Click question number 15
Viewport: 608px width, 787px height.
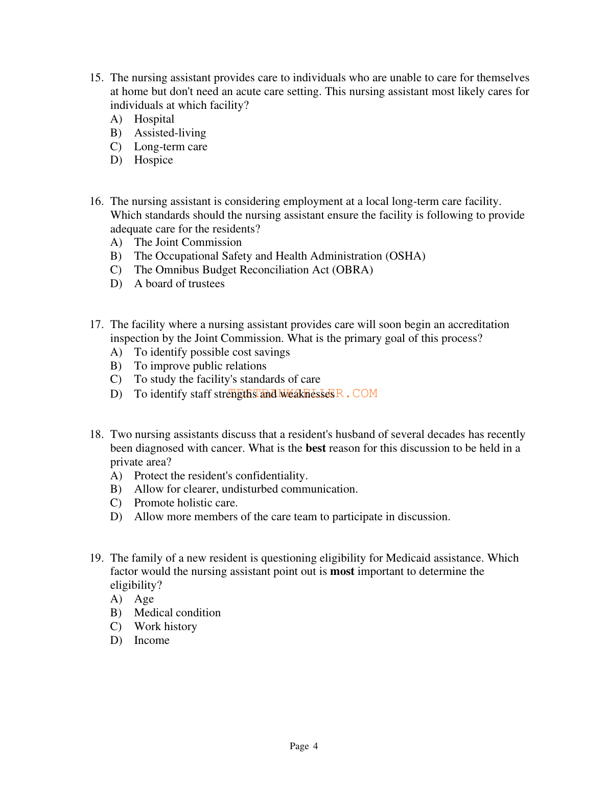tap(97, 78)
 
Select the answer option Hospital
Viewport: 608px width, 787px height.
tap(154, 119)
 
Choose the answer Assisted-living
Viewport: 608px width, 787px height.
tap(170, 133)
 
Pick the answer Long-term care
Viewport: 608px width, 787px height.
tap(171, 147)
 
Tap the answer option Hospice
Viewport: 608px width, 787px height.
tap(153, 160)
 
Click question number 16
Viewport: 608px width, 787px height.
tap(97, 201)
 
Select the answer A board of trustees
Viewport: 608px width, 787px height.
tap(179, 284)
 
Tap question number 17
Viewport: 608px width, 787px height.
tap(97, 325)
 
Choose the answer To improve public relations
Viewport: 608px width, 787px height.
tap(200, 366)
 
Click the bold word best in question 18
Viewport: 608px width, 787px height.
tap(315, 448)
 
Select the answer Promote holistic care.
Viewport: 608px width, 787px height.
tap(185, 503)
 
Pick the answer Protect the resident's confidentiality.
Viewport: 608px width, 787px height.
tap(221, 476)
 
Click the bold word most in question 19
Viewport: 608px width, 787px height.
tap(342, 571)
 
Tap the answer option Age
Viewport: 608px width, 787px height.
tap(144, 599)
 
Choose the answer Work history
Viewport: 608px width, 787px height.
tap(165, 627)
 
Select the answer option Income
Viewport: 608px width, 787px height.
tap(151, 640)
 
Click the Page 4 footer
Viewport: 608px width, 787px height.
tap(303, 746)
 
